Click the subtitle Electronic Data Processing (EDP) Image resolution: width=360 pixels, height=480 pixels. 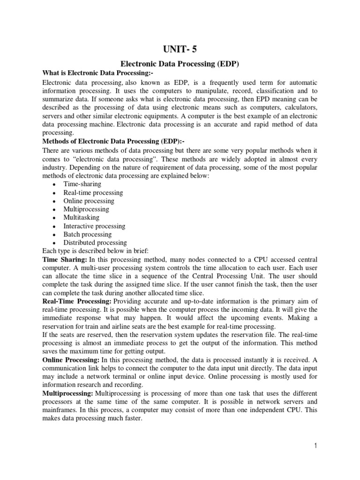(x=180, y=62)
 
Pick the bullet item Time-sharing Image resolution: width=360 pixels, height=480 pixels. (x=82, y=184)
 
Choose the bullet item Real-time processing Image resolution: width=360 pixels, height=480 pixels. (x=93, y=193)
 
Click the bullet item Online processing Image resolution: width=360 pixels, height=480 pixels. (x=89, y=201)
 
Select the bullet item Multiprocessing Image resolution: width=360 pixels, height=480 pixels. (x=86, y=209)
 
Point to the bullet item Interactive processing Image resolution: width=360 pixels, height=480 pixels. (x=95, y=226)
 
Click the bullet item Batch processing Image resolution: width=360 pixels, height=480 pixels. (x=88, y=234)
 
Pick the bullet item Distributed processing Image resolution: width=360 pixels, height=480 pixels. (x=95, y=243)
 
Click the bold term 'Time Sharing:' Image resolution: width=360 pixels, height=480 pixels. (x=65, y=259)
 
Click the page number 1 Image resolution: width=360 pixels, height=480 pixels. (x=316, y=446)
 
